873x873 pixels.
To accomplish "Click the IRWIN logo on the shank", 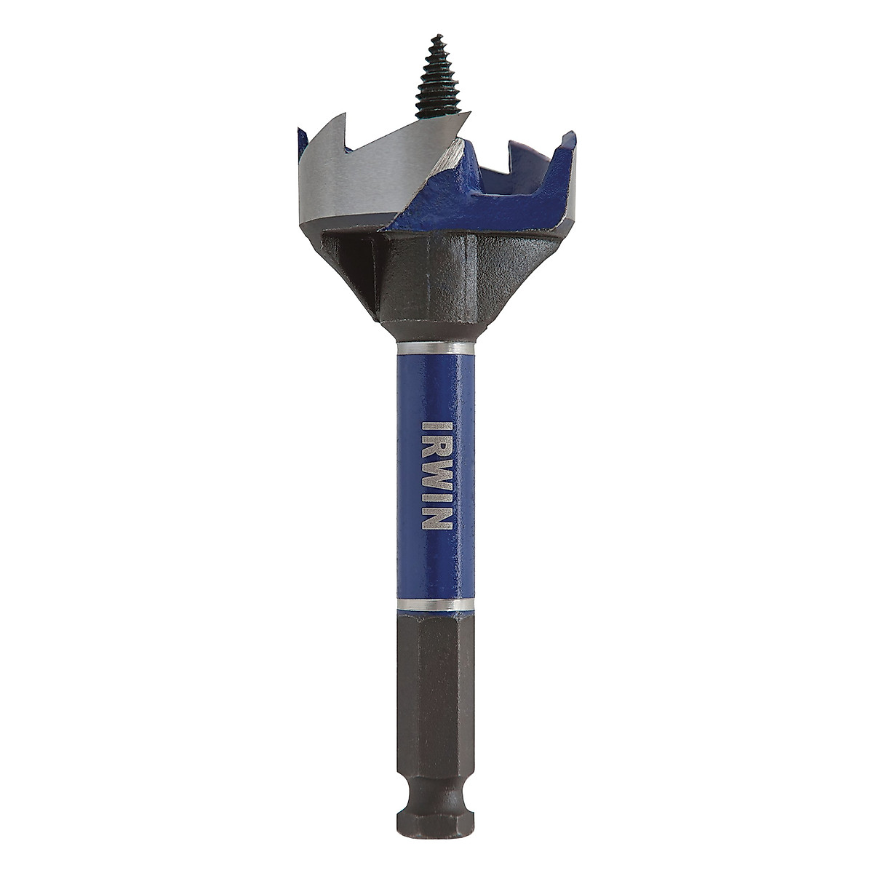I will [x=437, y=475].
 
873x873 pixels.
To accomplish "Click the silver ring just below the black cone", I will [x=436, y=348].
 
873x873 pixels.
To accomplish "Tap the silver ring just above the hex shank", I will [x=436, y=605].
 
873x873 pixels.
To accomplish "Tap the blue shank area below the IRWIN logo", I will [x=436, y=567].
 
